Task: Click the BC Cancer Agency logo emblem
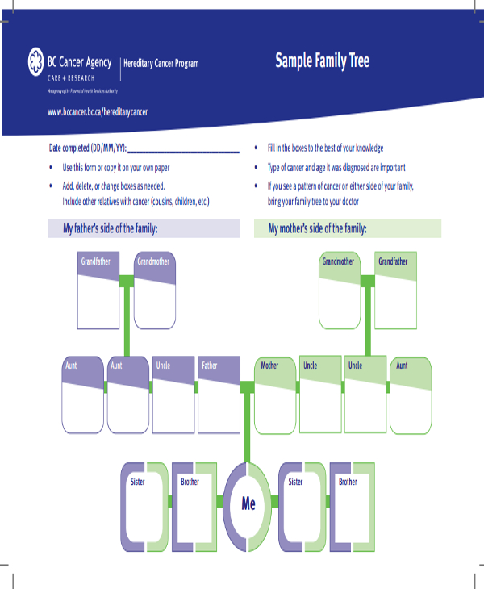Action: click(35, 61)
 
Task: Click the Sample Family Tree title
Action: click(322, 61)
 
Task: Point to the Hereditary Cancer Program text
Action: click(161, 64)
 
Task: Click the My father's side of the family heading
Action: click(111, 229)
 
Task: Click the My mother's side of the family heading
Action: click(318, 229)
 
